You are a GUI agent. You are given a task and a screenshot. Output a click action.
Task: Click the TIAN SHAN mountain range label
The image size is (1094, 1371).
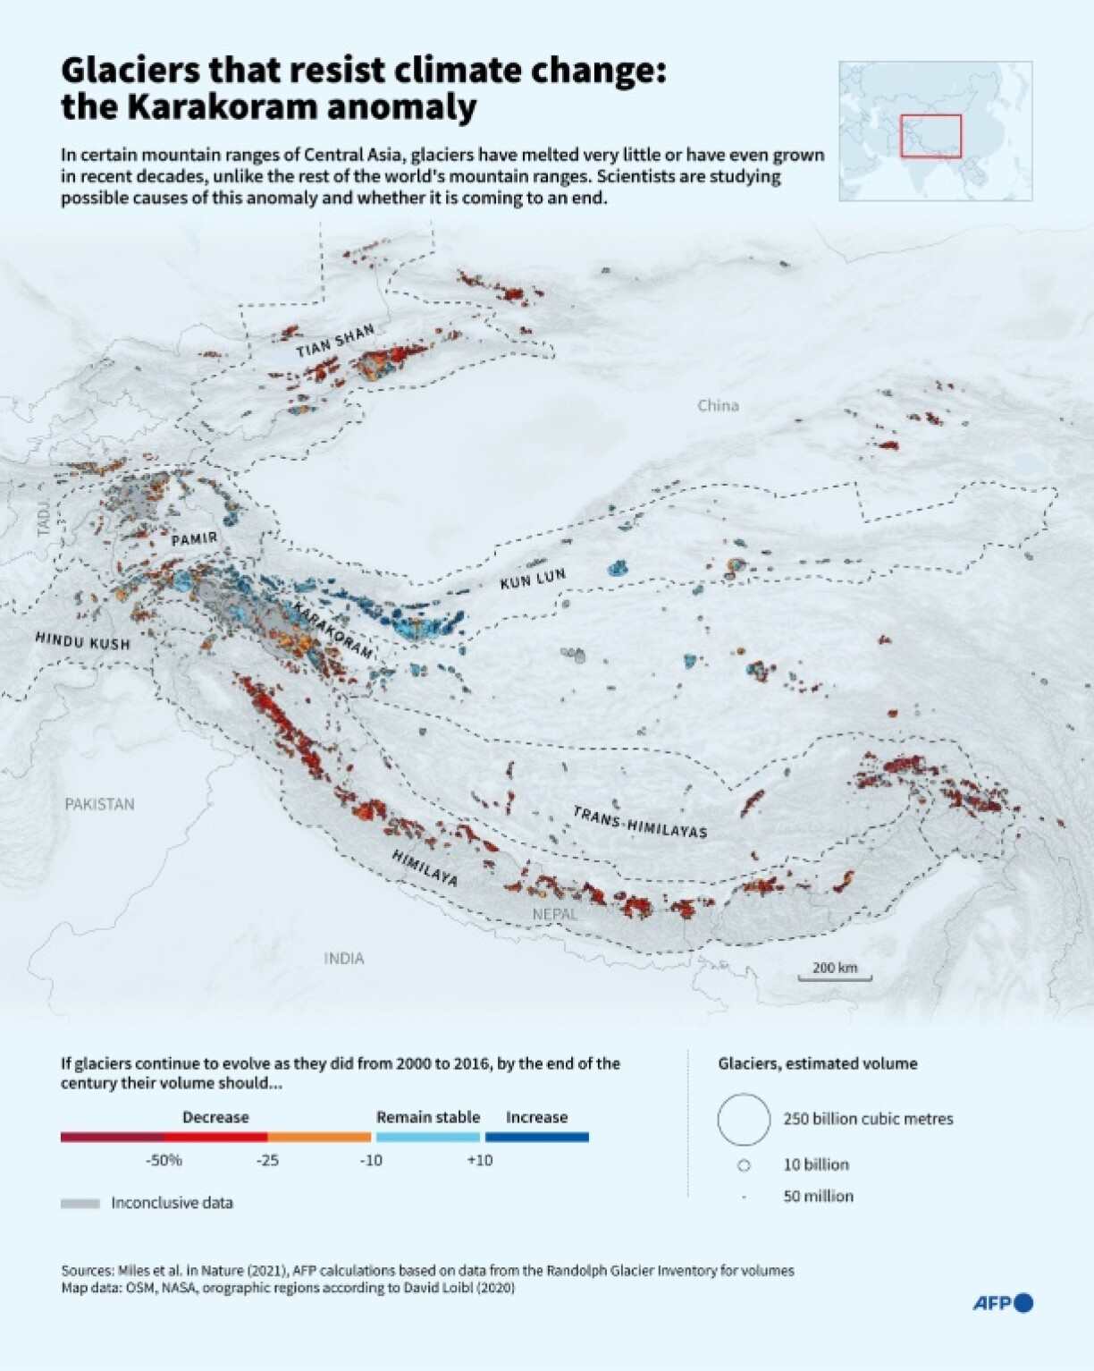click(x=335, y=341)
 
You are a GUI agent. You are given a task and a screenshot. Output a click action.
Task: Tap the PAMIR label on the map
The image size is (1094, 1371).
click(x=194, y=539)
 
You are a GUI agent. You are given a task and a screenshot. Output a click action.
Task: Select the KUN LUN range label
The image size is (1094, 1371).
click(x=533, y=580)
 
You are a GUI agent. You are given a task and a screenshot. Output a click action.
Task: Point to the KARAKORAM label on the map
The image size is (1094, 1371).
click(x=332, y=630)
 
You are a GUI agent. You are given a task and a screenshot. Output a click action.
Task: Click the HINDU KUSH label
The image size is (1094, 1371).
click(x=82, y=641)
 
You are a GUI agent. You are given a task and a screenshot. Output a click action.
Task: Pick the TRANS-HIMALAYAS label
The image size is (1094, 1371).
click(x=640, y=823)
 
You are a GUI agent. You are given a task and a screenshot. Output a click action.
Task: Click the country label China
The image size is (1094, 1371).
click(x=718, y=406)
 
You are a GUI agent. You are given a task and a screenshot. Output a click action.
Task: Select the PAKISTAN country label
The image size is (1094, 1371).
click(x=99, y=804)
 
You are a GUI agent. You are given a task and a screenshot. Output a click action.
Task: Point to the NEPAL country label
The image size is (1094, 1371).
click(x=555, y=914)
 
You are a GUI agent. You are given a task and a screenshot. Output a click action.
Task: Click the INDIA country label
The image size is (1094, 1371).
click(x=344, y=959)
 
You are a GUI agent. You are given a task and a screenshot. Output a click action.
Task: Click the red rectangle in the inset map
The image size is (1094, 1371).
click(x=930, y=136)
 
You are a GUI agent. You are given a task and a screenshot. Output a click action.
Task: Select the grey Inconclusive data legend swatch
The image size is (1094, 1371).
click(x=80, y=1204)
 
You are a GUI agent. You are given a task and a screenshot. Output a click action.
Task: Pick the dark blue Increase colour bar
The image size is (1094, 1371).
click(x=536, y=1138)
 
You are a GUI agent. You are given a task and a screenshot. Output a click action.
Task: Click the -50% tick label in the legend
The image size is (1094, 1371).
click(x=164, y=1160)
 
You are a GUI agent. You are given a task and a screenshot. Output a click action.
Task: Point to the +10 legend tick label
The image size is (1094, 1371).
click(x=480, y=1160)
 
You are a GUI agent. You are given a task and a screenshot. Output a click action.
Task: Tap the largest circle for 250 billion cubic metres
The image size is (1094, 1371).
click(x=744, y=1119)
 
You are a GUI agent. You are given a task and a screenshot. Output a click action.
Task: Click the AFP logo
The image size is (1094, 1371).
click(x=1002, y=1303)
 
